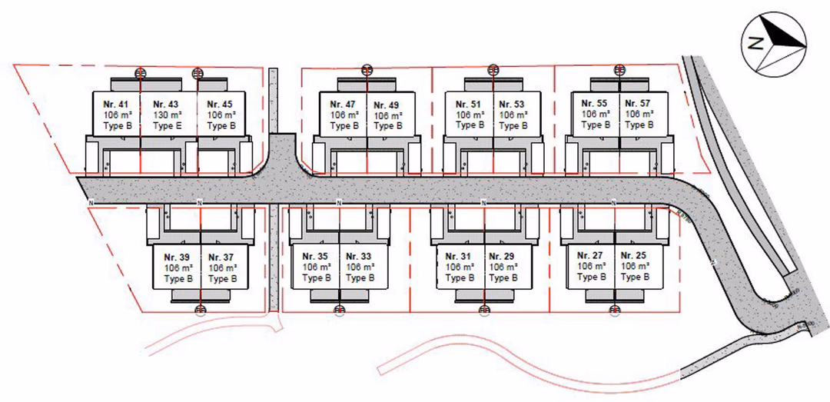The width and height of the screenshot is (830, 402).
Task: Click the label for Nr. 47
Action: click(343, 105)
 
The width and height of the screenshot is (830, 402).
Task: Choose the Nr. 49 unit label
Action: click(387, 105)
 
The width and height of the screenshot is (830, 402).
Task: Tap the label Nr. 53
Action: click(512, 105)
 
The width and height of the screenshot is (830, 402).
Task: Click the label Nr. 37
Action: click(221, 257)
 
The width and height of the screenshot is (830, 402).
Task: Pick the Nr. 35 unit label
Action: click(315, 257)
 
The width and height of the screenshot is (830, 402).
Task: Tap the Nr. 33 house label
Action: click(359, 257)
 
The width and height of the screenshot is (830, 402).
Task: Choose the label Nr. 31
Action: click(460, 257)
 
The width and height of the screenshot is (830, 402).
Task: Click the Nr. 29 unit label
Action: click(503, 257)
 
